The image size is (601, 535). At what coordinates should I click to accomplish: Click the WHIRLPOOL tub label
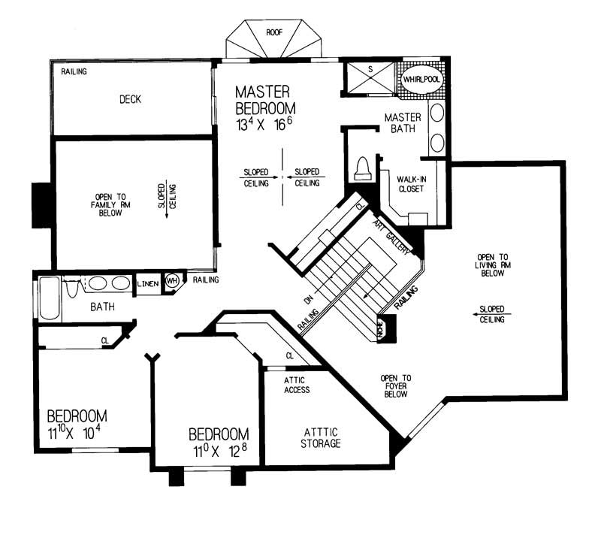421,78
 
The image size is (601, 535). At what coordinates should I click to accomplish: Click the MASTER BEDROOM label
262,99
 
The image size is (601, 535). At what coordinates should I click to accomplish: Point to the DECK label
130,99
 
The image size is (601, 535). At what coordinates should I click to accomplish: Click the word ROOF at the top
274,32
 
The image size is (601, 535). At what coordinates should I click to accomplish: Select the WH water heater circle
171,281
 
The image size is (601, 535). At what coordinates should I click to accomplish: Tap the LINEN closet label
146,283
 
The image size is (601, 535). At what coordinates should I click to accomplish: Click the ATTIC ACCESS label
297,385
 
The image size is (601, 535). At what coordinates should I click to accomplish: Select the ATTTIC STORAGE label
322,437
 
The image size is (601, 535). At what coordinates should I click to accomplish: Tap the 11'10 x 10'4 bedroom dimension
75,433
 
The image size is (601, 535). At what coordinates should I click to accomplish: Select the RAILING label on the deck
74,72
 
